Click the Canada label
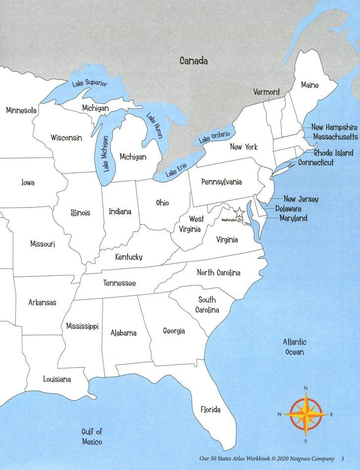(x=194, y=61)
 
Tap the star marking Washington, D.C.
(x=240, y=213)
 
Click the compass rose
(x=306, y=415)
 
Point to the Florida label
(x=210, y=410)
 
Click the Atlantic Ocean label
(x=295, y=347)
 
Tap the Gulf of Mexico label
(x=92, y=436)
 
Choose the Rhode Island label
(x=334, y=153)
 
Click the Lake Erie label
(x=176, y=171)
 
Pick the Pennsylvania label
(x=221, y=182)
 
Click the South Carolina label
(x=207, y=305)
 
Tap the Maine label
(x=310, y=85)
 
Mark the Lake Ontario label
(x=215, y=137)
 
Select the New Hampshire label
(x=334, y=127)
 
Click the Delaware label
(x=288, y=209)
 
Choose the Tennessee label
(x=119, y=283)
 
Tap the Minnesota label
(x=21, y=110)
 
